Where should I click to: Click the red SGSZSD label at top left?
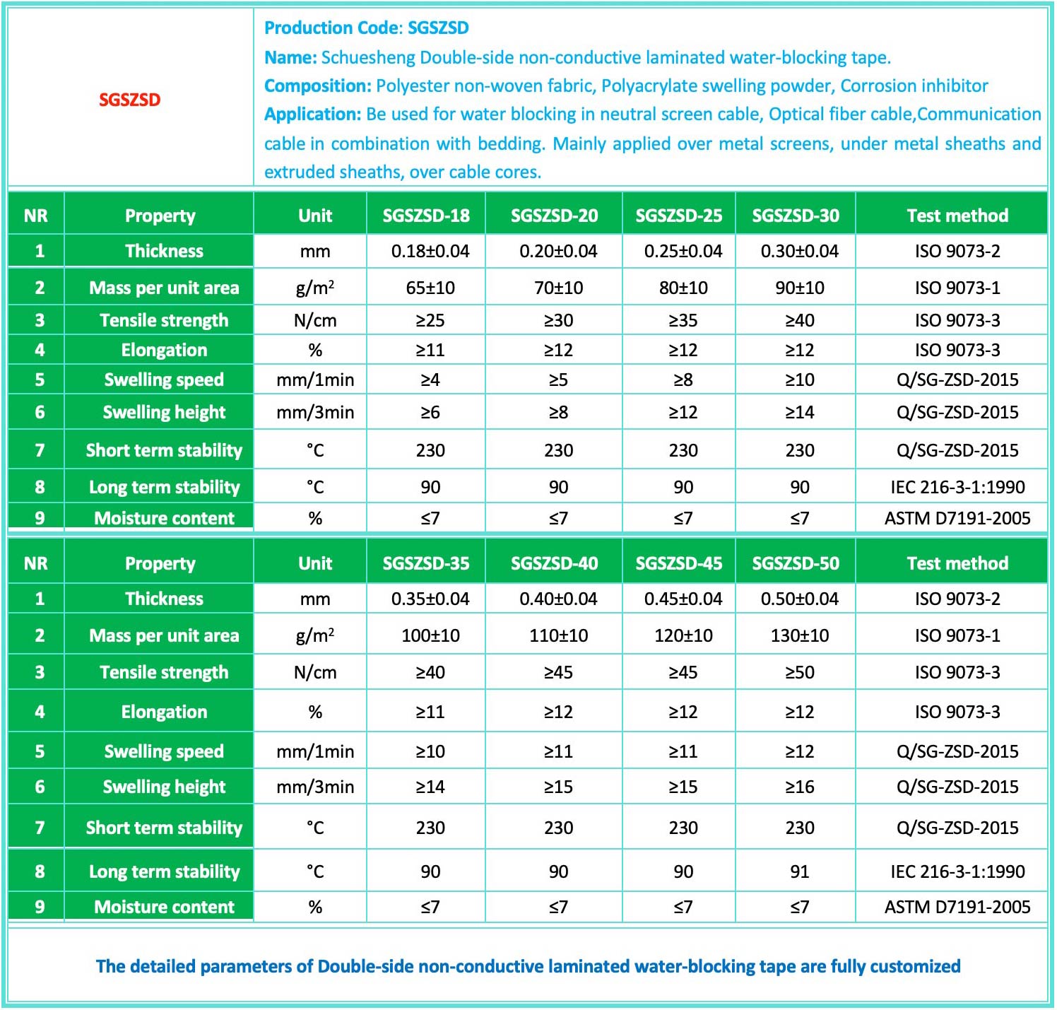(x=129, y=100)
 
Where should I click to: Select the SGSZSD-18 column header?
(x=426, y=216)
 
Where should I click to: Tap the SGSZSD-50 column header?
(x=796, y=563)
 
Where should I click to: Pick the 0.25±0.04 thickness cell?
(x=683, y=252)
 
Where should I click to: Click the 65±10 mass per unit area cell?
(x=430, y=288)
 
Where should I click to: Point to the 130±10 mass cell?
(x=799, y=636)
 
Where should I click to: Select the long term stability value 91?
(x=799, y=871)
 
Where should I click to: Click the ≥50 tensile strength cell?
(x=799, y=673)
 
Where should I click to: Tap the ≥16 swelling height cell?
(x=799, y=787)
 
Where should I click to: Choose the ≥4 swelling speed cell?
(x=430, y=380)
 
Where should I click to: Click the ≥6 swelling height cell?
(x=430, y=413)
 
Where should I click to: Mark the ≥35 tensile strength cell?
(x=683, y=321)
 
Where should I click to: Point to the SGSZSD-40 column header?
(x=554, y=563)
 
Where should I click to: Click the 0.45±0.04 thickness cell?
(x=683, y=599)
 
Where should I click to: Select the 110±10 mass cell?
(x=558, y=636)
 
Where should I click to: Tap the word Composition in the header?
(x=317, y=86)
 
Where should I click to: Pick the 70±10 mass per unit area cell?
(x=558, y=288)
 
